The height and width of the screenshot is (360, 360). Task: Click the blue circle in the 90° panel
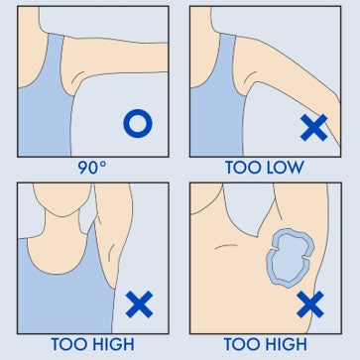136,125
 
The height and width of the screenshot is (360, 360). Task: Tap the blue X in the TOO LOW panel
314,127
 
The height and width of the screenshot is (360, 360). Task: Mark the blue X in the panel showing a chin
137,303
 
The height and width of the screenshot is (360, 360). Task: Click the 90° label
90,167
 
